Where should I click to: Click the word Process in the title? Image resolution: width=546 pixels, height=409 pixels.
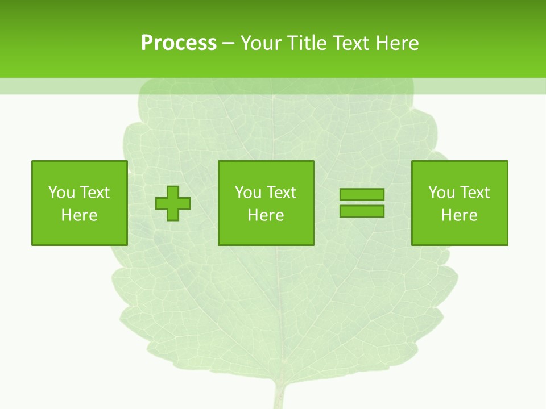tap(179, 43)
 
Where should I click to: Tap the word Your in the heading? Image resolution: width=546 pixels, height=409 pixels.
tap(262, 43)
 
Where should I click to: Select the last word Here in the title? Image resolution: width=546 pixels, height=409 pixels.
tap(397, 43)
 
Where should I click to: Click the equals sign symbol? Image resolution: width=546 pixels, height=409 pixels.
tap(362, 203)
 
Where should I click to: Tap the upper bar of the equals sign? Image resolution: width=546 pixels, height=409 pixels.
tap(362, 195)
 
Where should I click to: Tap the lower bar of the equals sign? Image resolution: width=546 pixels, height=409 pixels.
tap(362, 211)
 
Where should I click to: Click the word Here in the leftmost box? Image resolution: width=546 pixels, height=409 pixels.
tap(79, 215)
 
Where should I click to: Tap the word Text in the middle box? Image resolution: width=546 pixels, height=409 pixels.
tap(282, 193)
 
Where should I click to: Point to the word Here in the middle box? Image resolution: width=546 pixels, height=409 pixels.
tap(266, 215)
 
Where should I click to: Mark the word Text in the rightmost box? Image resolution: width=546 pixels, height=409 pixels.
tap(475, 193)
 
